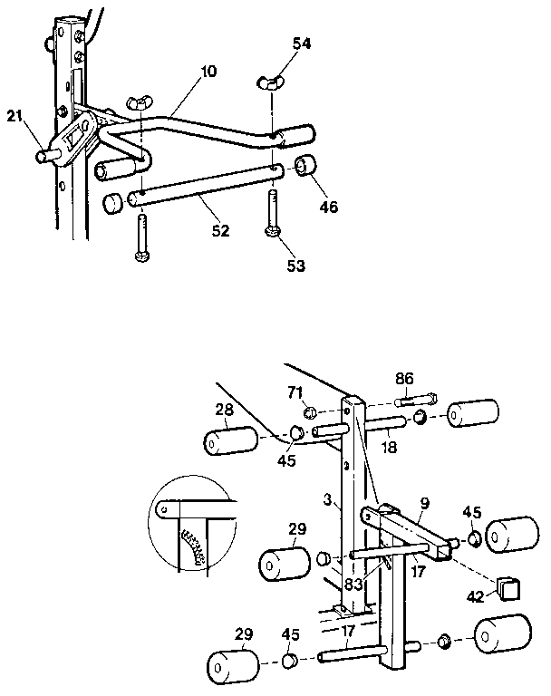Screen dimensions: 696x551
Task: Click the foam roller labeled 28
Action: pyautogui.click(x=230, y=444)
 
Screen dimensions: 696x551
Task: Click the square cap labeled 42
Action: pyautogui.click(x=507, y=589)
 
